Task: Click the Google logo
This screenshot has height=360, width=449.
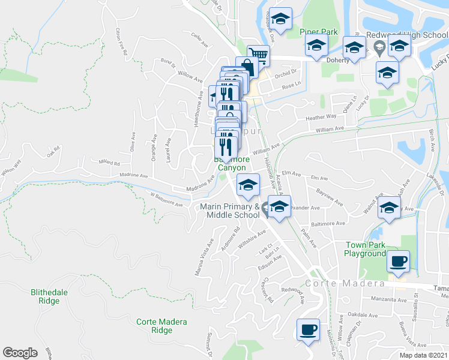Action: coord(20,353)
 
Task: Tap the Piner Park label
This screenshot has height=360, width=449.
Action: coord(319,32)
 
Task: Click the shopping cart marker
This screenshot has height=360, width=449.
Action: coord(258,55)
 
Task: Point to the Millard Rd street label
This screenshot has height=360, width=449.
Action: coord(109,163)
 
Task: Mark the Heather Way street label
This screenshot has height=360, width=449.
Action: coord(321,118)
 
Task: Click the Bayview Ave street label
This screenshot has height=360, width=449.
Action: coord(330,199)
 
